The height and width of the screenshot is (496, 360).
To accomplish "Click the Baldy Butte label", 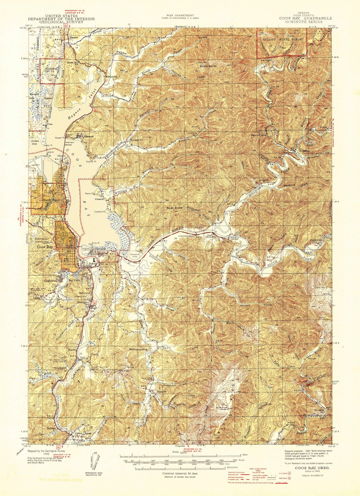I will (208, 66).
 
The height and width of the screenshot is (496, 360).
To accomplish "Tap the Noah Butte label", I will (175, 208).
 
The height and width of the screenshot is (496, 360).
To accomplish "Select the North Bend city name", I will (51, 200).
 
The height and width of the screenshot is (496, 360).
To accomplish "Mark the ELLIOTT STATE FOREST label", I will (283, 39).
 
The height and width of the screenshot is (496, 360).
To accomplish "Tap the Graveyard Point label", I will (134, 256).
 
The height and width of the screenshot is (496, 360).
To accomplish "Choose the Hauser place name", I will (74, 38).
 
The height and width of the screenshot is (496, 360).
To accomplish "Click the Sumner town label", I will (161, 391).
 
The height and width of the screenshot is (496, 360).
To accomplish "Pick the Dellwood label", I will (315, 240).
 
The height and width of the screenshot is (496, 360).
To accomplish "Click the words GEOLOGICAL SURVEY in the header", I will (61, 23).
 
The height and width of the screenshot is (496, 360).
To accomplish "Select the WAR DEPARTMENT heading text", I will (180, 15).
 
